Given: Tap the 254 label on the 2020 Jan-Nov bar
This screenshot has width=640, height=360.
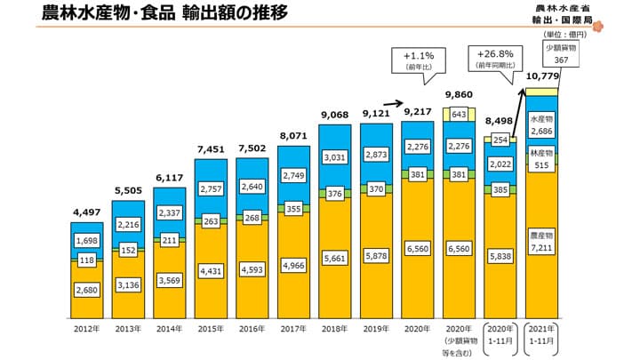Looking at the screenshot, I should point(500,140).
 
